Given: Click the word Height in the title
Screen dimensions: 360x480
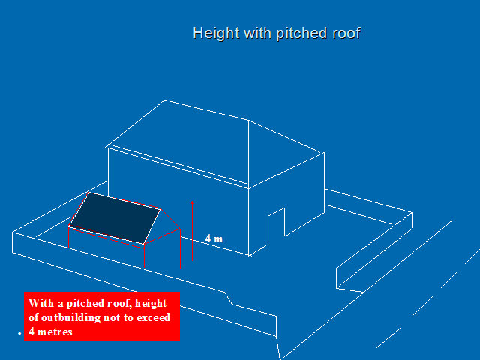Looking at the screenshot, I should (x=212, y=34).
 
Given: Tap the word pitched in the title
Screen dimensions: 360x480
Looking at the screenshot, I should (x=298, y=34).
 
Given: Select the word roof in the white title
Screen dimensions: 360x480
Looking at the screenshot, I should (x=346, y=34).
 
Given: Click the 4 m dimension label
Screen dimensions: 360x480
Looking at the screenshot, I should (x=214, y=238).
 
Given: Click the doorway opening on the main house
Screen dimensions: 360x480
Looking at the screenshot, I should (x=276, y=225).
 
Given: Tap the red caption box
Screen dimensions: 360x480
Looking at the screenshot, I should (x=101, y=316).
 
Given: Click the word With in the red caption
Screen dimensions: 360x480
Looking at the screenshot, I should (x=42, y=303).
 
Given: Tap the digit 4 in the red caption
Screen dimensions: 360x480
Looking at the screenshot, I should (x=31, y=331).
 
